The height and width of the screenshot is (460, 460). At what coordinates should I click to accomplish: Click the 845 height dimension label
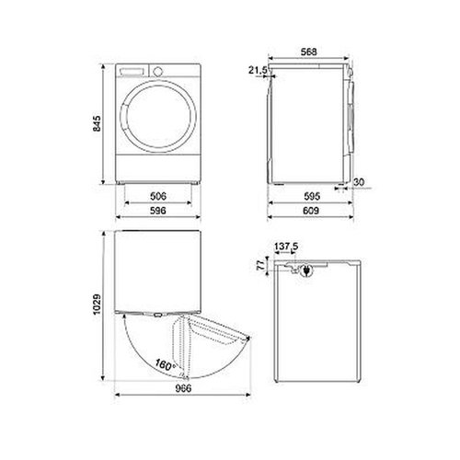(97, 123)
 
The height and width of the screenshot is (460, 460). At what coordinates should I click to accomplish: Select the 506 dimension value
(158, 196)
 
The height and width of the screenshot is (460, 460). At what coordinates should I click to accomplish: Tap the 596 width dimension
(158, 211)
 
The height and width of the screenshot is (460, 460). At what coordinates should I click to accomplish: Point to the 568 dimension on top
(308, 52)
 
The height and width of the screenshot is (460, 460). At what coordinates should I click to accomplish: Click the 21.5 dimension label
(258, 71)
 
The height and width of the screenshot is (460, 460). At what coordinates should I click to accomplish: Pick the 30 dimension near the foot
(359, 182)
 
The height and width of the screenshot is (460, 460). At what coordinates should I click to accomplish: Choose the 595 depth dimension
(312, 196)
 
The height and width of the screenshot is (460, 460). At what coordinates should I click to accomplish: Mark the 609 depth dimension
(311, 211)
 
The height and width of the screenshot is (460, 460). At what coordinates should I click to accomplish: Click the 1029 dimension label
(97, 305)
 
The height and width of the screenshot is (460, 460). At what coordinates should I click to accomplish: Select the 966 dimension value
(183, 388)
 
